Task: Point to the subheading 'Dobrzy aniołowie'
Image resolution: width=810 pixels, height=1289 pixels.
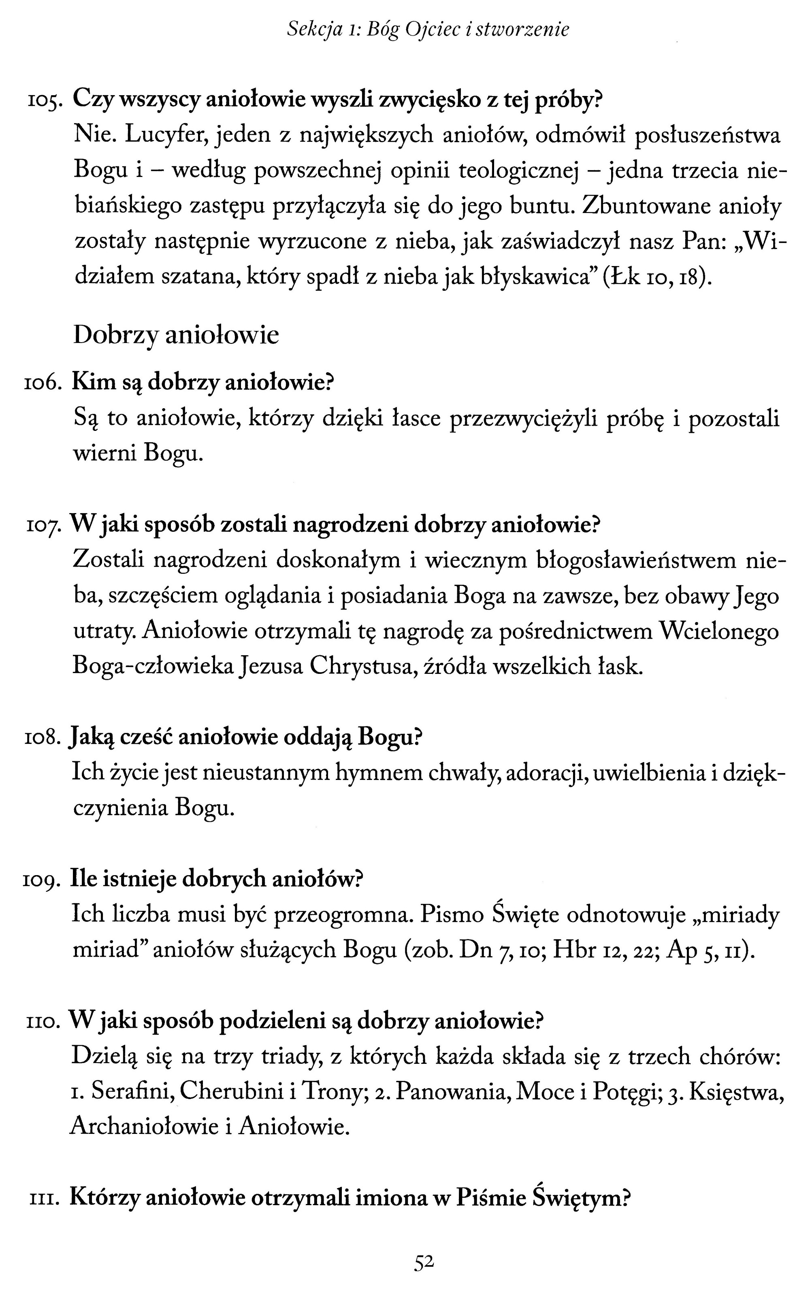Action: (x=176, y=336)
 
